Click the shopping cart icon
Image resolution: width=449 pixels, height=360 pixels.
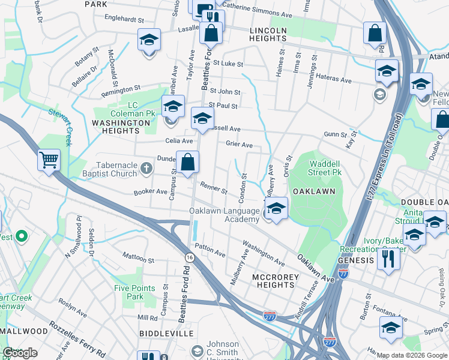pyautogui.click(x=49, y=160)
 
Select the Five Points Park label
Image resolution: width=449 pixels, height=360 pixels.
pyautogui.click(x=129, y=292)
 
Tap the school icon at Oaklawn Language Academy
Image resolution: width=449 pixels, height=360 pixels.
pyautogui.click(x=276, y=209)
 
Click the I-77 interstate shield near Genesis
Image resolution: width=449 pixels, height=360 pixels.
pyautogui.click(x=343, y=273)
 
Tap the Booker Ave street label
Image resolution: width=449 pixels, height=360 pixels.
pyautogui.click(x=149, y=192)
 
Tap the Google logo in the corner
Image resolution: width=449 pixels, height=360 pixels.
pyautogui.click(x=20, y=353)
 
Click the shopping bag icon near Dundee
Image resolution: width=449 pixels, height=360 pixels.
pyautogui.click(x=187, y=162)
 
